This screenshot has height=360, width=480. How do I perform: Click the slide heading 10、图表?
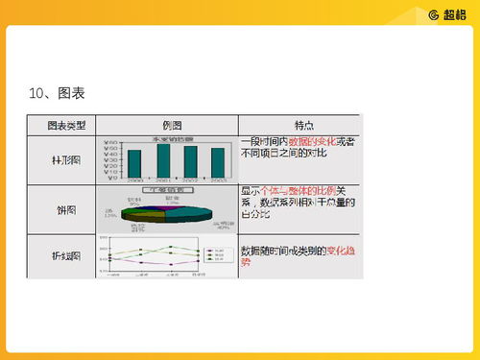tap(59, 93)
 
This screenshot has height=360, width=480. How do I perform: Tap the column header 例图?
tap(166, 125)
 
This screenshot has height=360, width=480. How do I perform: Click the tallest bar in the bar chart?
tap(163, 161)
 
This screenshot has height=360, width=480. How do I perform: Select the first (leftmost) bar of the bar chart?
tap(134, 164)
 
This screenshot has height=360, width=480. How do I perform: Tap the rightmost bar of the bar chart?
tap(218, 163)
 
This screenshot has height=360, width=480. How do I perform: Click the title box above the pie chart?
tap(169, 190)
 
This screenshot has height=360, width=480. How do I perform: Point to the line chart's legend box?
tap(216, 255)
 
